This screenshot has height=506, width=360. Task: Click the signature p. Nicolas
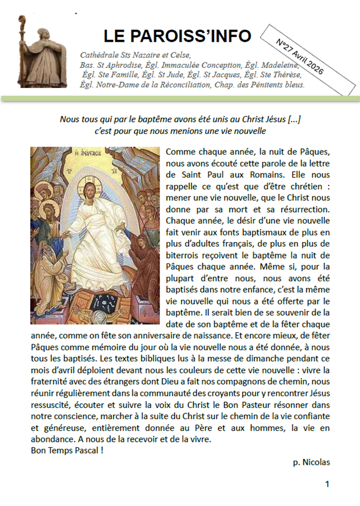click(311, 461)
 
